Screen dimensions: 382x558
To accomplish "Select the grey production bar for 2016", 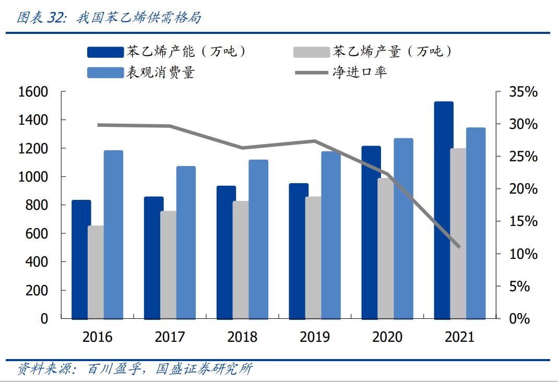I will click(96, 272).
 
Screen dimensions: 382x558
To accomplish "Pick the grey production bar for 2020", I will click(386, 248).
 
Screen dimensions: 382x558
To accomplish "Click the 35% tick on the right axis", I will click(523, 92).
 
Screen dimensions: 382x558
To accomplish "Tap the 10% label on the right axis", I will click(523, 254).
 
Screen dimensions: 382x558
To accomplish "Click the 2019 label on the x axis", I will click(315, 337).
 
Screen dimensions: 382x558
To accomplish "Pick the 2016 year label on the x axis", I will click(97, 337).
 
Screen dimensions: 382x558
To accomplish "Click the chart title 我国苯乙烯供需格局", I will click(138, 18).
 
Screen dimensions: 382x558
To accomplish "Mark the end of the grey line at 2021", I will click(459, 247).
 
